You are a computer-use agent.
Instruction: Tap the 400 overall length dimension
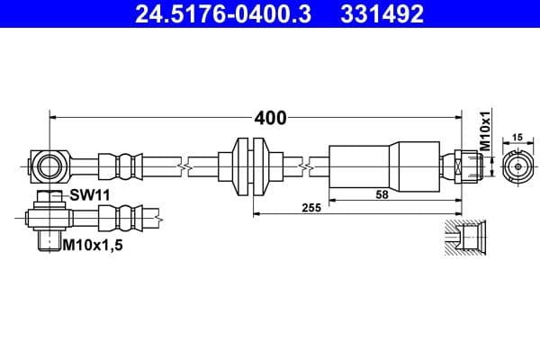point(269,118)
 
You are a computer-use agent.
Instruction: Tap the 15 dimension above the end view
point(517,137)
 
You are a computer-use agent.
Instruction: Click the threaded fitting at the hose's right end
point(468,166)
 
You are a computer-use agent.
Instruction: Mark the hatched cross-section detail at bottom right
point(465,238)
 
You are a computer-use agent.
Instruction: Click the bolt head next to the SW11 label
point(49,197)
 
